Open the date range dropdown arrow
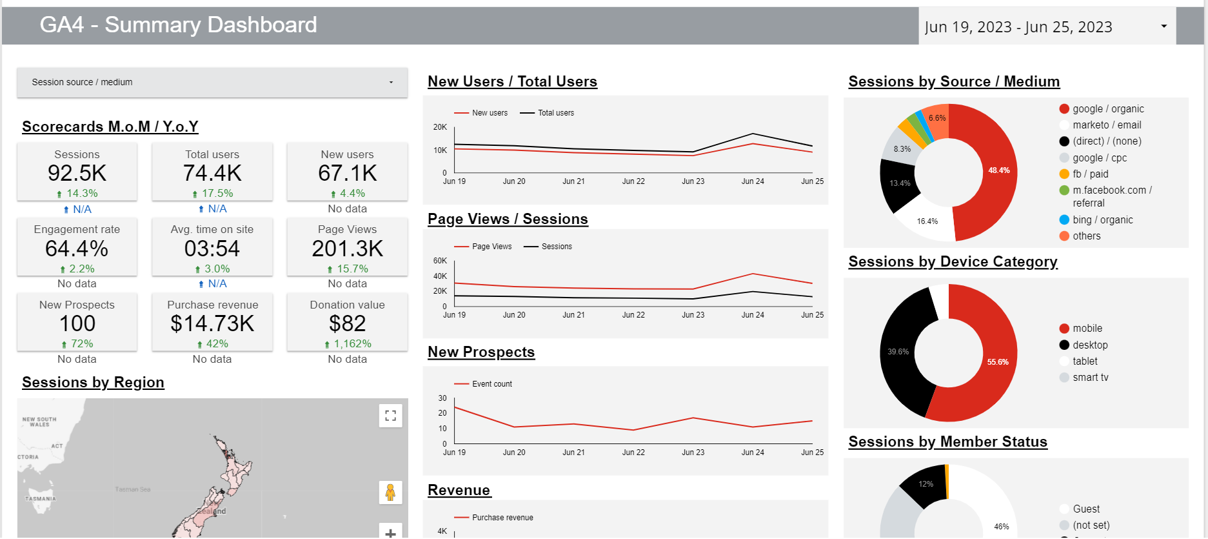pos(1163,26)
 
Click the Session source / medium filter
pos(212,83)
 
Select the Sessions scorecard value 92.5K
pos(77,174)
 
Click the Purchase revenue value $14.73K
pos(212,324)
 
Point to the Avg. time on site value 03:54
pos(212,249)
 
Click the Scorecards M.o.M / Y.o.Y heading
pos(110,127)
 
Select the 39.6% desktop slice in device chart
pos(900,352)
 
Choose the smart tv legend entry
pos(1090,378)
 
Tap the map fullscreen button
pos(390,416)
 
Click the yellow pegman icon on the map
pos(390,493)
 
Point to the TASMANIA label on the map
pos(40,499)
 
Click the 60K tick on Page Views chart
pos(440,261)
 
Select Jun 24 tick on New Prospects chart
pos(752,453)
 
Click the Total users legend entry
pos(555,113)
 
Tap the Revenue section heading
pos(459,491)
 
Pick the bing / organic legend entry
pos(1102,220)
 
